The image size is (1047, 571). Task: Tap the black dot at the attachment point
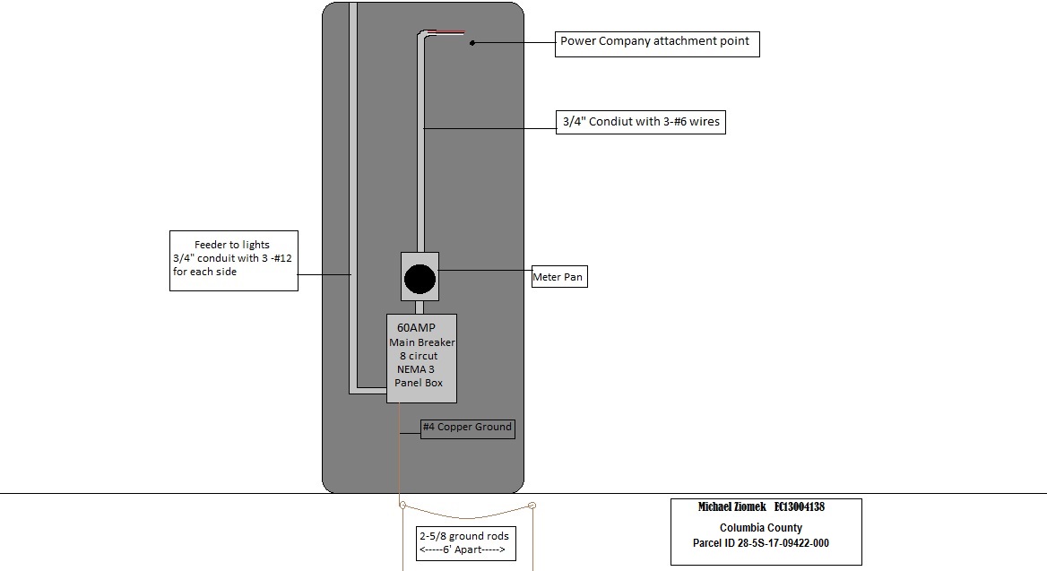472,42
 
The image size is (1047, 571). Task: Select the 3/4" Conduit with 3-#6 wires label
640,122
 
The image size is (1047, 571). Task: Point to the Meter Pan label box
559,278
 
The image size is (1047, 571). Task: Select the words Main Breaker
422,342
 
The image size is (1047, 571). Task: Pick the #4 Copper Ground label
468,428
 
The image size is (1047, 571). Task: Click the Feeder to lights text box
233,259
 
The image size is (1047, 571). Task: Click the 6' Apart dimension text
463,549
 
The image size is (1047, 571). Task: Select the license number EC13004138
800,507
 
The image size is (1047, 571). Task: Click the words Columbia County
761,528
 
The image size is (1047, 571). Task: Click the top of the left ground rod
402,506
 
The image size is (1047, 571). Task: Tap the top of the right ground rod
532,506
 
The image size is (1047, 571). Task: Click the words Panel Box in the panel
419,384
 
